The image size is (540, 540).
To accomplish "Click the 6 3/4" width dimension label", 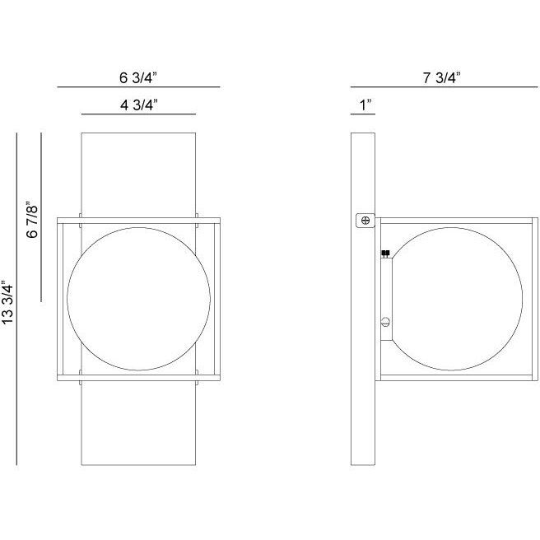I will (137, 77).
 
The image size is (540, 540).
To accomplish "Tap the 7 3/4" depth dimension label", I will (441, 77).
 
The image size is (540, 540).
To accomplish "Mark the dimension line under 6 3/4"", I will (137, 87).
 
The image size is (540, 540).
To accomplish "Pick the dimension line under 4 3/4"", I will (137, 114).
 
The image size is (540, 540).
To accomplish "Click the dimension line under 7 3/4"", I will (441, 87).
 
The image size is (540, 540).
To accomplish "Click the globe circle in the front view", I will (137, 300).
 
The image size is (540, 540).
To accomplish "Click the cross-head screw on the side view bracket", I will (364, 220).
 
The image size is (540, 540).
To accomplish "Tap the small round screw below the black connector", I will (385, 323).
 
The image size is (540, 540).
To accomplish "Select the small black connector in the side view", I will (385, 254).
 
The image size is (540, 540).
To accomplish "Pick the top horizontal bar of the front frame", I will (137, 220).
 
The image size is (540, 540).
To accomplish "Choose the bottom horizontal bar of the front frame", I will (137, 379).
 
